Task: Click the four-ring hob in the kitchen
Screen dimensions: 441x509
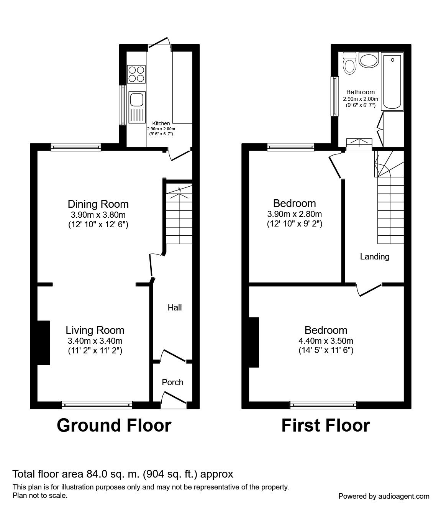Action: coord(136,74)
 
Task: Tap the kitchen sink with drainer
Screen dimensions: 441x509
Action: coord(137,107)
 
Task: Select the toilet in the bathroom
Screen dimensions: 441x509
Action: coord(350,63)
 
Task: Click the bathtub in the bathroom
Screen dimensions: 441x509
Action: coord(392,81)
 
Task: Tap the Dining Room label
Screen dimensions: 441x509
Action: coord(98,204)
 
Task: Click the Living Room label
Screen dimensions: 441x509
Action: coord(95,330)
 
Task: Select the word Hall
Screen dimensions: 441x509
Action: coord(175,307)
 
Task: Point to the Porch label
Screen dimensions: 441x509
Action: coord(173,382)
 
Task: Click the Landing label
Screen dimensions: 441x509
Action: coord(375,256)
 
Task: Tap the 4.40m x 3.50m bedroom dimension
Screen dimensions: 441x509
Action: coord(326,341)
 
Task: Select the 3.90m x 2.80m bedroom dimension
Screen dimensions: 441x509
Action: coord(295,214)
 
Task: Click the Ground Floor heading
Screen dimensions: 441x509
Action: coord(114,425)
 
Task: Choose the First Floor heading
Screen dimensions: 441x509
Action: coord(326,425)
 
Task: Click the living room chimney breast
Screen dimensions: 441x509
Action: coord(44,342)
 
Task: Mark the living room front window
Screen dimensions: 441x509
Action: coord(97,405)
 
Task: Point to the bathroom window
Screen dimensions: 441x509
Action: coord(334,96)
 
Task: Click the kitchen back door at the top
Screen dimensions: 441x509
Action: coord(160,44)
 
